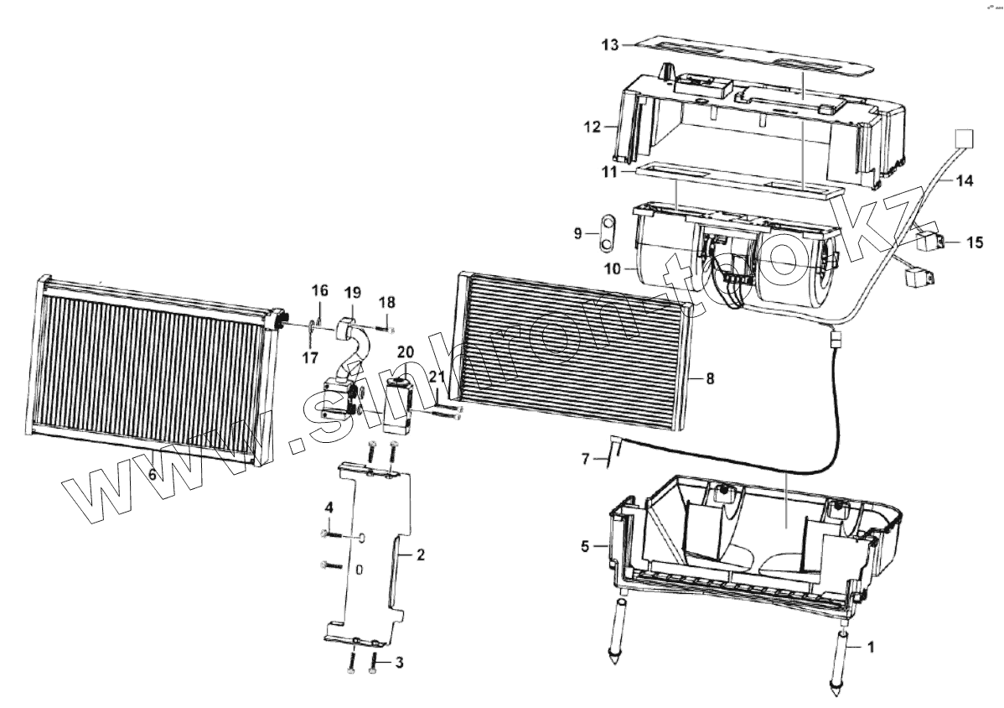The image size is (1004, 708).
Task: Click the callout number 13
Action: [611, 44]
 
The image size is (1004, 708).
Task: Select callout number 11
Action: [609, 171]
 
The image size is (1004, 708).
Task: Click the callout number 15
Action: [974, 242]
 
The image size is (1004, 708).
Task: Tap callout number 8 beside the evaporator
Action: [710, 378]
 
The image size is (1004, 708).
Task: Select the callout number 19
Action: [352, 292]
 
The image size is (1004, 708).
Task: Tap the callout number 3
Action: [399, 663]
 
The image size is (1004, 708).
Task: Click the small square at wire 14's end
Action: [965, 139]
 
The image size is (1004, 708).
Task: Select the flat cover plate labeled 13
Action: [746, 56]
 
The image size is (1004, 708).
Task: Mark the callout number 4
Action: [329, 508]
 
